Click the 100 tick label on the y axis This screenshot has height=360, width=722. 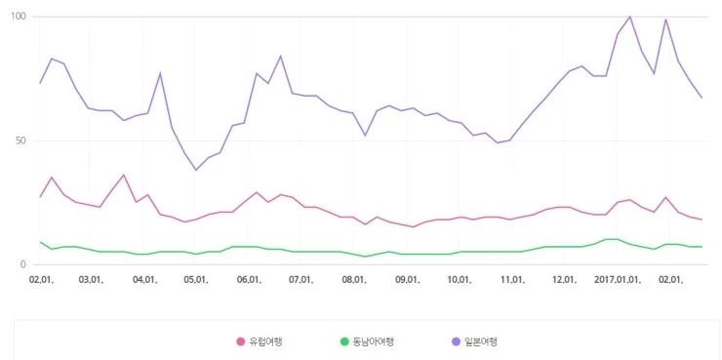point(19,17)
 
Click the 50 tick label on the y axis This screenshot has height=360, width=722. point(20,140)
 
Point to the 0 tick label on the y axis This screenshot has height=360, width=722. point(23,264)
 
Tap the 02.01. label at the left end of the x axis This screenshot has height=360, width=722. point(41,279)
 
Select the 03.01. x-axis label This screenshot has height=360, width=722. point(92,279)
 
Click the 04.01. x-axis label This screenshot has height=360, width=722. point(145,279)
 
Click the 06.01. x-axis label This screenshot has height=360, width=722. point(250,279)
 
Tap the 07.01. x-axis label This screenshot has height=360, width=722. point(301,279)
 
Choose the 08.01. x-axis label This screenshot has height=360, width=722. point(355,279)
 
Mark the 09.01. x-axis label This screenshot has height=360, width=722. point(408,279)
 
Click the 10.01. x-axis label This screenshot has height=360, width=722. point(460,279)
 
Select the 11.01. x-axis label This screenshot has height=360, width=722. point(512,279)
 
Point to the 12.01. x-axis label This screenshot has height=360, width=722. point(565,279)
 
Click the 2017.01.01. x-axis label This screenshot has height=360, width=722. point(620,279)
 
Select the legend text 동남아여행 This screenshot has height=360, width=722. point(375,341)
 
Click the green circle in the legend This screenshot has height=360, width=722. point(343,341)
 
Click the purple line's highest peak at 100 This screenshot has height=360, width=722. point(629,17)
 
